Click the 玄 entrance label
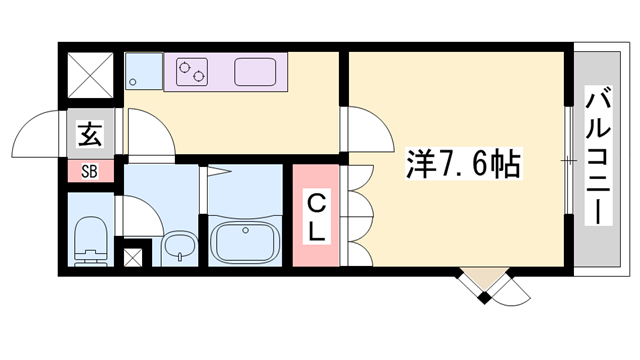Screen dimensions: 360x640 pos(89,133)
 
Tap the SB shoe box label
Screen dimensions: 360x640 pos(89,170)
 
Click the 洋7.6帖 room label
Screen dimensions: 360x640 pos(461,165)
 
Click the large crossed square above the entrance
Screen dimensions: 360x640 pos(89,72)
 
